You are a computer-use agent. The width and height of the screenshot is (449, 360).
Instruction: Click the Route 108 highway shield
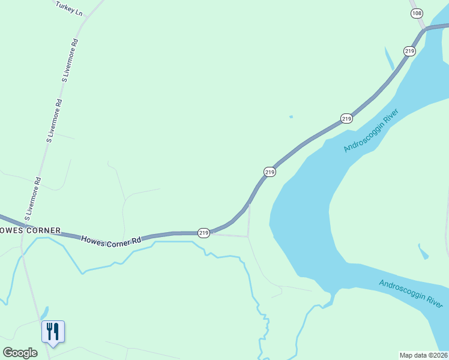(417, 14)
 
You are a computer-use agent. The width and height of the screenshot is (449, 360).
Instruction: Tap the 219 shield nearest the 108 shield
(409, 52)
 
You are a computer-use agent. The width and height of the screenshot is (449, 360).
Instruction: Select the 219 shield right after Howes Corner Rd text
(203, 232)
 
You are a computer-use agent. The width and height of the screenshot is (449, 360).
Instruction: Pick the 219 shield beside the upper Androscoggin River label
(346, 119)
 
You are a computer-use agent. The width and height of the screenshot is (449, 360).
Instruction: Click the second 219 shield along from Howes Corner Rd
(270, 172)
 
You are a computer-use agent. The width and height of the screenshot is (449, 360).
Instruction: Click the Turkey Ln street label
(68, 8)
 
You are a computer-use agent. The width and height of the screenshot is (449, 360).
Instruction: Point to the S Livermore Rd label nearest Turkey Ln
(70, 60)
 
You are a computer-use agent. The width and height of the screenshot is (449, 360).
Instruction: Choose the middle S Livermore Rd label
(54, 120)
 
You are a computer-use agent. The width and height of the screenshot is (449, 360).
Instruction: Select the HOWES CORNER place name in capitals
(30, 230)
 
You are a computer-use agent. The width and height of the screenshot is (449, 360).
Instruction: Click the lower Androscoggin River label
(411, 293)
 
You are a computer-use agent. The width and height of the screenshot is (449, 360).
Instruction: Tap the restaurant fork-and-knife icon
(53, 331)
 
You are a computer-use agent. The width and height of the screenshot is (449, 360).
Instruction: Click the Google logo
(20, 353)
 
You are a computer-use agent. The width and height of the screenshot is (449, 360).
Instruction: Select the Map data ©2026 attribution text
(424, 355)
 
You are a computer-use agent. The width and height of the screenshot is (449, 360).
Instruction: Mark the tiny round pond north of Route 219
(291, 116)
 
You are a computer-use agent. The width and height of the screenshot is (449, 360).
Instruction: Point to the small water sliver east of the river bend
(423, 251)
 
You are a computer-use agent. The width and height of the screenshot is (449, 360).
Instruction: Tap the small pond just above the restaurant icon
(44, 313)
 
